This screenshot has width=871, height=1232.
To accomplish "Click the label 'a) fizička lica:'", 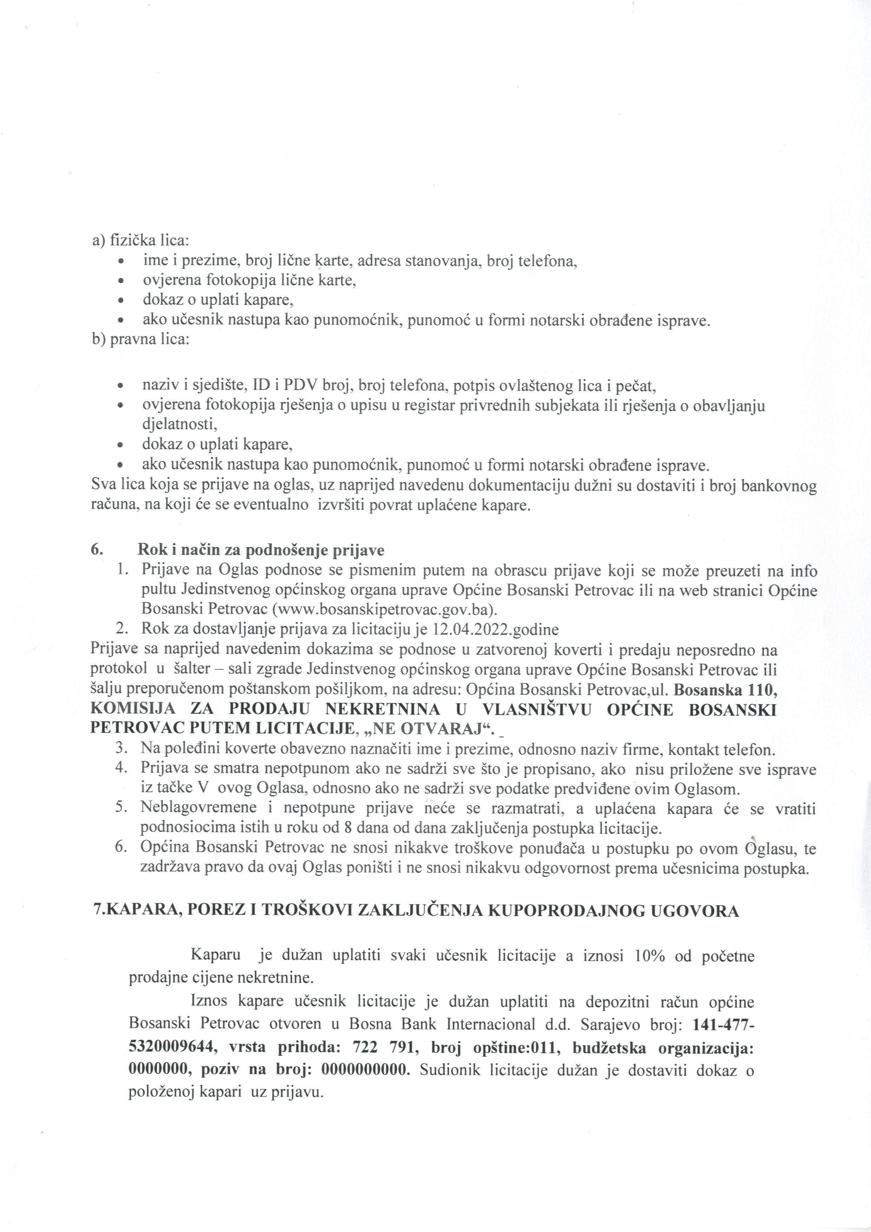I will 137,241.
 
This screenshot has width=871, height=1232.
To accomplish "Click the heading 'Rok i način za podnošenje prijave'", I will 261,550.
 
